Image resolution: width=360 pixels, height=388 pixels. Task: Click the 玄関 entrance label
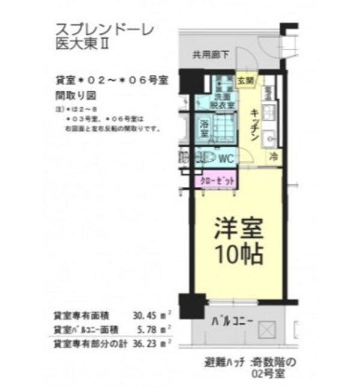[x=245, y=80]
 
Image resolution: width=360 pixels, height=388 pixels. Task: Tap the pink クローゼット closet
[x=214, y=180]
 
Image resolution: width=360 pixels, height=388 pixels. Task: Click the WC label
[x=226, y=159]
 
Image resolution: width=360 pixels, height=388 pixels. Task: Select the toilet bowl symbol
[x=208, y=158]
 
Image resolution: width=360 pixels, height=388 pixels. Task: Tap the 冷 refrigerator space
[x=273, y=157]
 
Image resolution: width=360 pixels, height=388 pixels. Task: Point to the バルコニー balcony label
[x=232, y=320]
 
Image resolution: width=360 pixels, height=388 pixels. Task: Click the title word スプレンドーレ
[x=96, y=28]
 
